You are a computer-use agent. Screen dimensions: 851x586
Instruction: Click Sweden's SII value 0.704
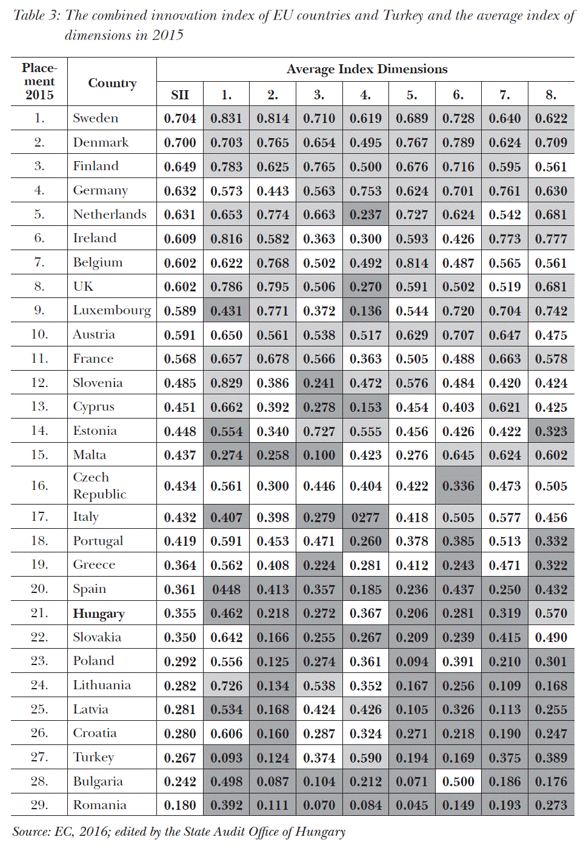pyautogui.click(x=180, y=119)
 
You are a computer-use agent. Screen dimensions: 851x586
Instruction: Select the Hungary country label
pyautogui.click(x=99, y=614)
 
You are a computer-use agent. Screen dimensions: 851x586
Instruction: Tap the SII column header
pyautogui.click(x=180, y=95)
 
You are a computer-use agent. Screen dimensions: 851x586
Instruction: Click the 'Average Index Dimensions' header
pyautogui.click(x=367, y=70)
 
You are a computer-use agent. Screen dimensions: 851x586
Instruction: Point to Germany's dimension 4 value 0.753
pyautogui.click(x=365, y=191)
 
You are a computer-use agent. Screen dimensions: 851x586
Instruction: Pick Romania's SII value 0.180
pyautogui.click(x=180, y=806)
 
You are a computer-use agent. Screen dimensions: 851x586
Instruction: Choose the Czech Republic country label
pyautogui.click(x=99, y=486)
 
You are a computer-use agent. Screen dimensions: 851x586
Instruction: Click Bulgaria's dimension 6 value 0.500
pyautogui.click(x=458, y=782)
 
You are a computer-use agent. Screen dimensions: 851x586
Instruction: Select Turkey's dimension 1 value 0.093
pyautogui.click(x=226, y=758)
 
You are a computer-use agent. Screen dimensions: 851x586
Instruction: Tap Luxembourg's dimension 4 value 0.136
pyautogui.click(x=365, y=311)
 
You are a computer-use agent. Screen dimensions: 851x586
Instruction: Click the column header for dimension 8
pyautogui.click(x=551, y=95)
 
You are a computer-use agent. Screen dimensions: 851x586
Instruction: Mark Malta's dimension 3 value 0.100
pyautogui.click(x=319, y=455)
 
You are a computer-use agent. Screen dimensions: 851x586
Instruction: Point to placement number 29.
pyautogui.click(x=39, y=805)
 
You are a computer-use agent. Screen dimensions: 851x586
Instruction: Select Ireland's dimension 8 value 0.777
pyautogui.click(x=551, y=239)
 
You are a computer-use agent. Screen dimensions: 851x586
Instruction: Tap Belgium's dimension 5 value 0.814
pyautogui.click(x=412, y=263)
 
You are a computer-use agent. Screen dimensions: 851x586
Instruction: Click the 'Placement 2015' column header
pyautogui.click(x=39, y=82)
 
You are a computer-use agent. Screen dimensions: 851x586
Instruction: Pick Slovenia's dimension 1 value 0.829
pyautogui.click(x=226, y=383)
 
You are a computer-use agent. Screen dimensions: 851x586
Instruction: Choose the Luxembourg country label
pyautogui.click(x=112, y=311)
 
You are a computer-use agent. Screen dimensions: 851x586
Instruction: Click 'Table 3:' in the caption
pyautogui.click(x=36, y=16)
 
